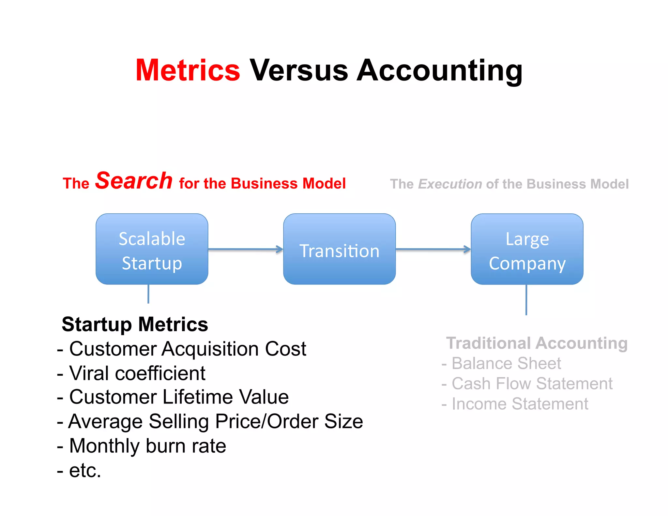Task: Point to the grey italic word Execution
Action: pos(450,184)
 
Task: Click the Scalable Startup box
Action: pos(152,249)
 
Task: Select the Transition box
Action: pos(339,249)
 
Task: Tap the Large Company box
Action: pos(527,249)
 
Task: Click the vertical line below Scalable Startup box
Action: pos(148,294)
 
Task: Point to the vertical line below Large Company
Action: pos(526,299)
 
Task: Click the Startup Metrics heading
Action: pos(135,324)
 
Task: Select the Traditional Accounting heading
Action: pos(537,343)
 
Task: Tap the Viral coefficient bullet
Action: pos(137,373)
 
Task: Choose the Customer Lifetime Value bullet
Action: pos(179,397)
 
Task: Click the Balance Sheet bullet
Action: pos(506,363)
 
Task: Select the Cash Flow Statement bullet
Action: pos(532,384)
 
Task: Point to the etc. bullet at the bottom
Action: pos(84,470)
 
